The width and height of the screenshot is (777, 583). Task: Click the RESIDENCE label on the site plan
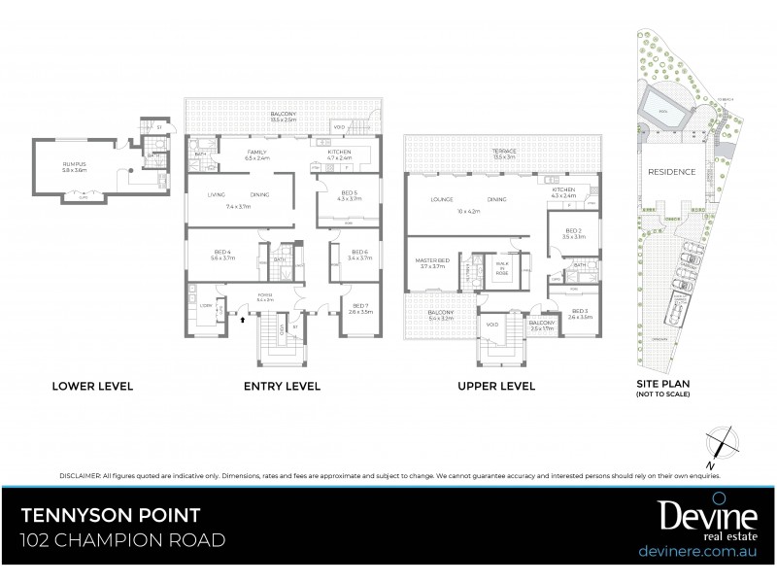(x=671, y=171)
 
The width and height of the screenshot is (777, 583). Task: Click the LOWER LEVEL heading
(x=92, y=386)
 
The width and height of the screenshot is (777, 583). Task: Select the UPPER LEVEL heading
(x=496, y=386)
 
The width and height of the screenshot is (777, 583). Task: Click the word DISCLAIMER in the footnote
(x=79, y=476)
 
